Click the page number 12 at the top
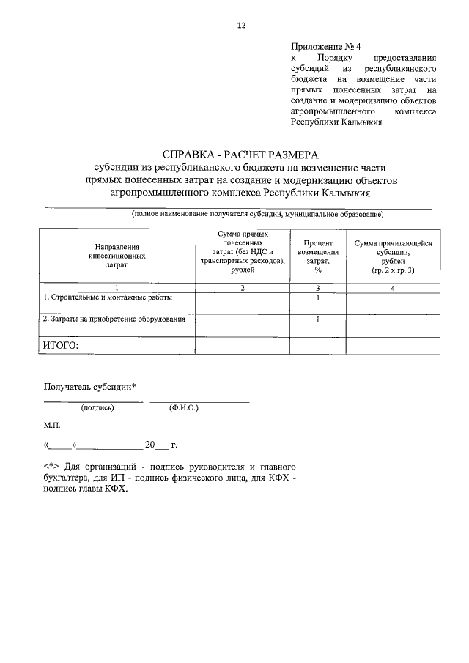[x=241, y=25]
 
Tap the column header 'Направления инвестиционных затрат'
[x=117, y=257]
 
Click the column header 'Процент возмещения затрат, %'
[x=318, y=256]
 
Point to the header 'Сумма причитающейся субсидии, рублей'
[x=393, y=256]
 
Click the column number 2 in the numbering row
[x=243, y=289]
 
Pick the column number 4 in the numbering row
[x=393, y=289]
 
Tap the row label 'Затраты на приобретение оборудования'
[x=114, y=319]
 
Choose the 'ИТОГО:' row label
[x=61, y=345]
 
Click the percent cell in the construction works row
[x=318, y=298]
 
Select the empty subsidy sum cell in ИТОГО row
[x=393, y=345]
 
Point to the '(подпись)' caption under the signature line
[x=97, y=408]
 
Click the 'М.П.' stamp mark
[x=53, y=425]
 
